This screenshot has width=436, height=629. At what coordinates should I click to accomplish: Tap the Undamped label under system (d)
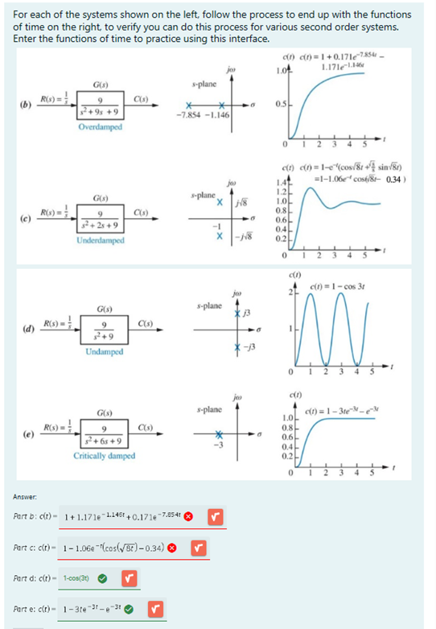tap(104, 352)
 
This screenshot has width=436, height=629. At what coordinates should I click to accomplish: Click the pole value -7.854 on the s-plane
tap(189, 115)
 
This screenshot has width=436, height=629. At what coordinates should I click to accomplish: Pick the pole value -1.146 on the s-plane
tap(218, 115)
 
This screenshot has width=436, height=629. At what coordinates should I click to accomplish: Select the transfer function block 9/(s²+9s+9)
tap(100, 108)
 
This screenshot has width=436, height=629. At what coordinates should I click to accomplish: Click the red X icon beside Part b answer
tap(189, 515)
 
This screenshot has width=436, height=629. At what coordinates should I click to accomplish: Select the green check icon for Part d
tap(103, 578)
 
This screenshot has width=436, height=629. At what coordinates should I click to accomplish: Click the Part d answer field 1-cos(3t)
tap(75, 578)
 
